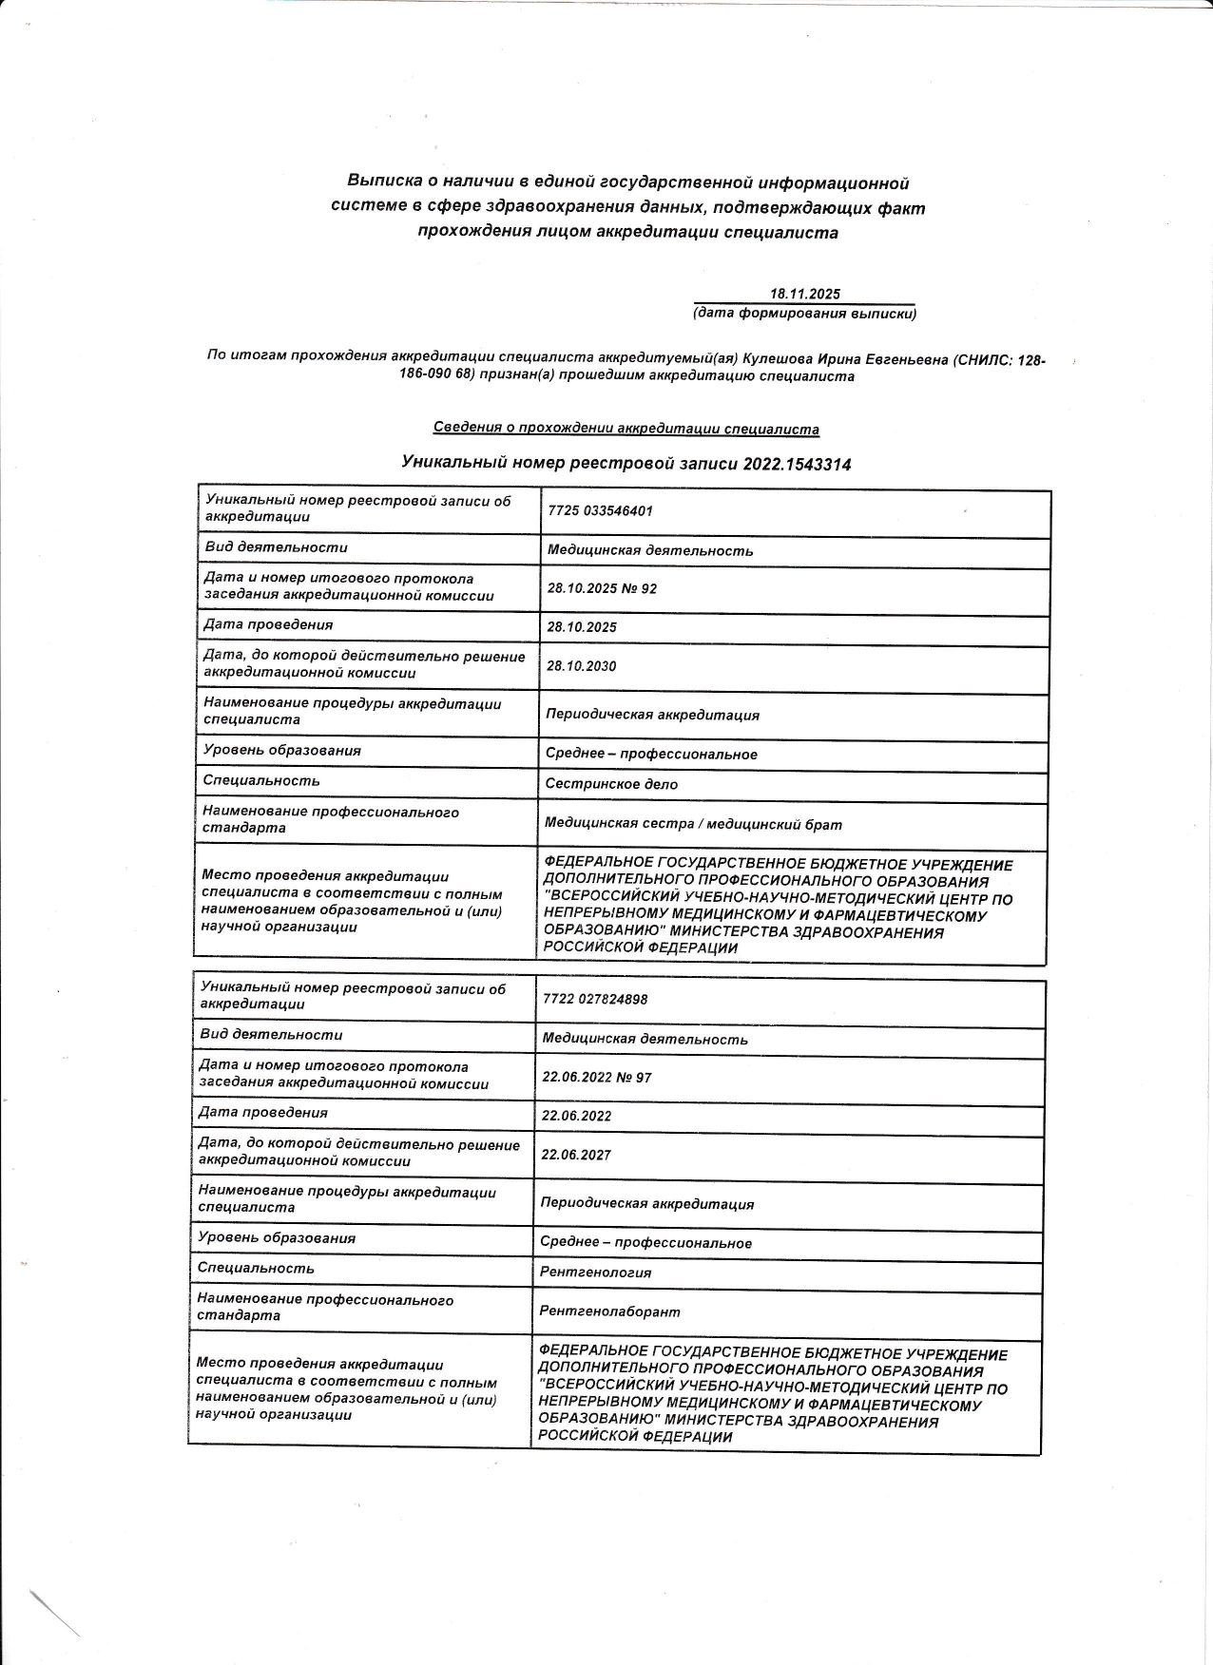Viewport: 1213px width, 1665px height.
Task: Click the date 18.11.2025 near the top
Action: click(x=804, y=295)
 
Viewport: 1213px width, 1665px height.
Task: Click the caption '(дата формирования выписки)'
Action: click(x=804, y=313)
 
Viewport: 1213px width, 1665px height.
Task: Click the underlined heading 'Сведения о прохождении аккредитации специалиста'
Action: click(x=626, y=429)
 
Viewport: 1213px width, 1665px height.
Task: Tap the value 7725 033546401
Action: click(x=600, y=511)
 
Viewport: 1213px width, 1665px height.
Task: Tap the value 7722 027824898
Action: click(x=594, y=999)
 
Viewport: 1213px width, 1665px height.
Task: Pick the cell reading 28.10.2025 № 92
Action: click(x=602, y=589)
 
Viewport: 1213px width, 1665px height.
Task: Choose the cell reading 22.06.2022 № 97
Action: click(x=596, y=1078)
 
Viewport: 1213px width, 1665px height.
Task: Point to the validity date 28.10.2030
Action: click(x=581, y=666)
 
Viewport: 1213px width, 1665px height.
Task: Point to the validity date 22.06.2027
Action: click(x=576, y=1155)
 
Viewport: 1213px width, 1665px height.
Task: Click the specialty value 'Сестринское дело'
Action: click(x=611, y=784)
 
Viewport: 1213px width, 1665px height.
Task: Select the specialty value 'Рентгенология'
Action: click(x=595, y=1273)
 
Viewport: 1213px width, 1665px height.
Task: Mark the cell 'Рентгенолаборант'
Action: click(x=609, y=1311)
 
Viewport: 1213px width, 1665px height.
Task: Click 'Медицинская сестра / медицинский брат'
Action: click(x=693, y=825)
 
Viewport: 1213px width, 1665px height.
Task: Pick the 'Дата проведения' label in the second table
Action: click(x=262, y=1112)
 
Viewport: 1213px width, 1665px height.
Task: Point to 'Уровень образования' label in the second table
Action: click(x=277, y=1237)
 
